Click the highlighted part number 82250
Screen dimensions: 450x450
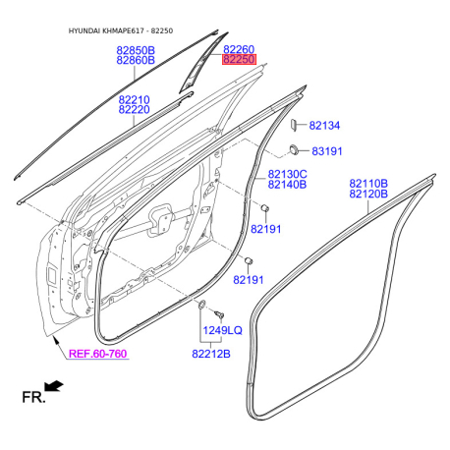coord(239,59)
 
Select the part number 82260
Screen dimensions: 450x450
coord(239,49)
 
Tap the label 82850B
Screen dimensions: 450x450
coord(136,50)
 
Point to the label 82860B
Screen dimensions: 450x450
coord(136,60)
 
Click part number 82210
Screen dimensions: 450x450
coord(134,99)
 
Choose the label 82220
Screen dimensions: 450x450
coord(134,109)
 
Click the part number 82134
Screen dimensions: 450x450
coord(324,125)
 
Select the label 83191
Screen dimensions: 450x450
coord(327,151)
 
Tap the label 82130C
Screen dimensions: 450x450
coord(287,174)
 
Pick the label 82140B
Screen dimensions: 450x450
coord(287,184)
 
